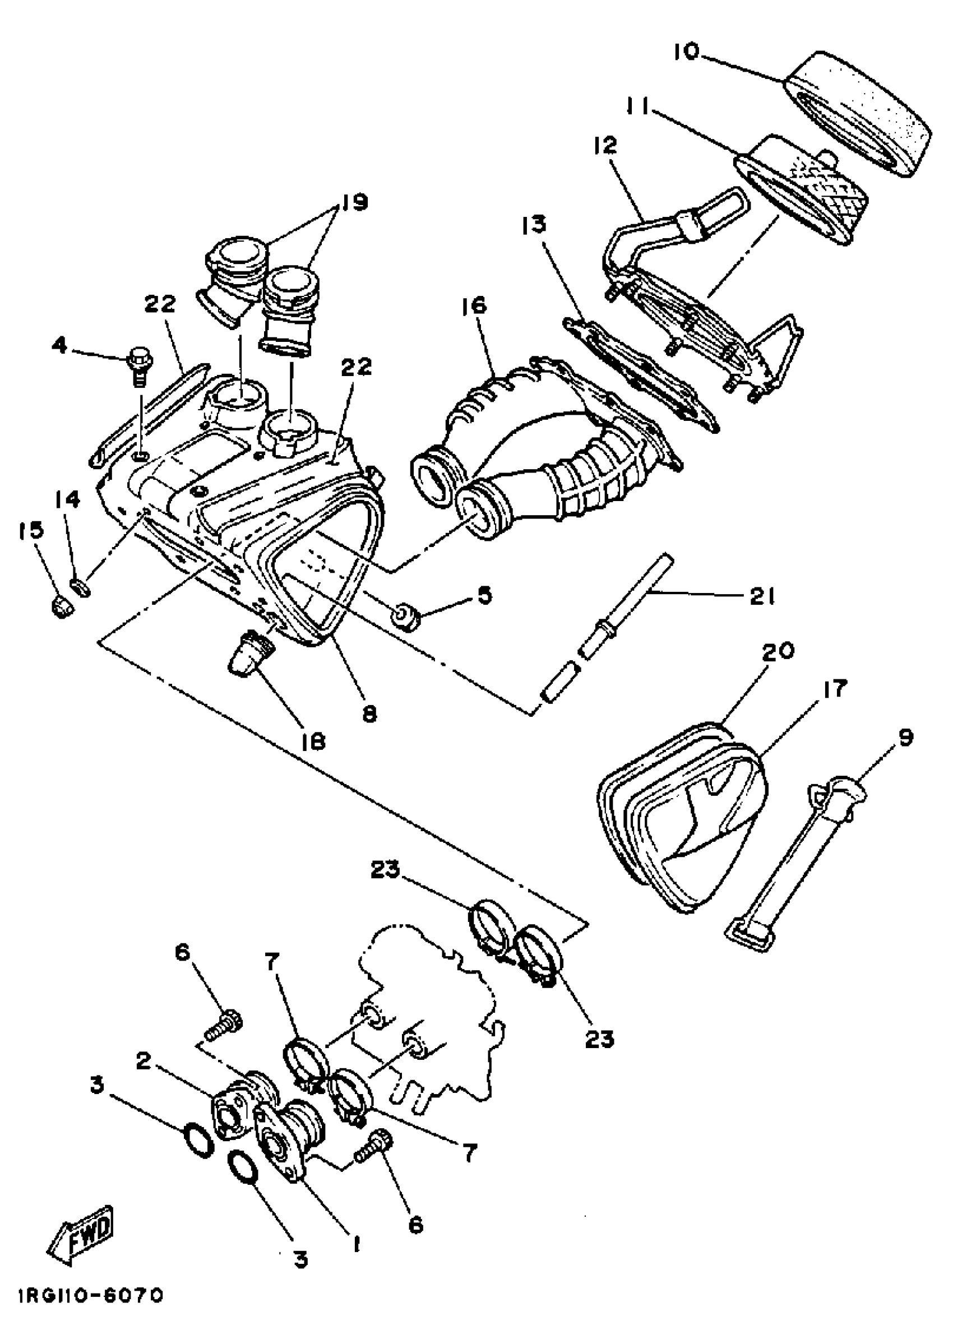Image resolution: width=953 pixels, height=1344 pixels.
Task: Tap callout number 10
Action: point(687,52)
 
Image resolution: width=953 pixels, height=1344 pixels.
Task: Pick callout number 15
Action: point(31,530)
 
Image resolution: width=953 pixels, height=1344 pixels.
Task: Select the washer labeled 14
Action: point(80,586)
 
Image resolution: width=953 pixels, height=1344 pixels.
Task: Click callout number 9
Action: point(905,738)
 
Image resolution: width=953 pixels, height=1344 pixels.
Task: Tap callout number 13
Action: point(534,225)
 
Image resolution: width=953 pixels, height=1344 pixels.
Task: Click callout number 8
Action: point(369,714)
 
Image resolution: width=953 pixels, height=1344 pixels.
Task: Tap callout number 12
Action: point(605,146)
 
